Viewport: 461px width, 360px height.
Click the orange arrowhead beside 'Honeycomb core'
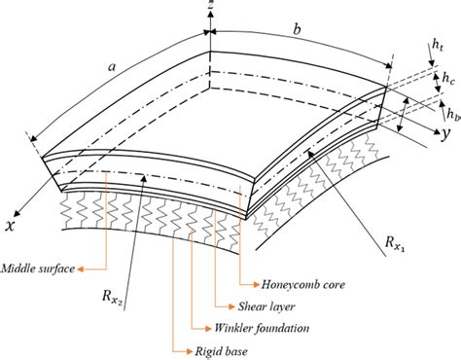(263, 284)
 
